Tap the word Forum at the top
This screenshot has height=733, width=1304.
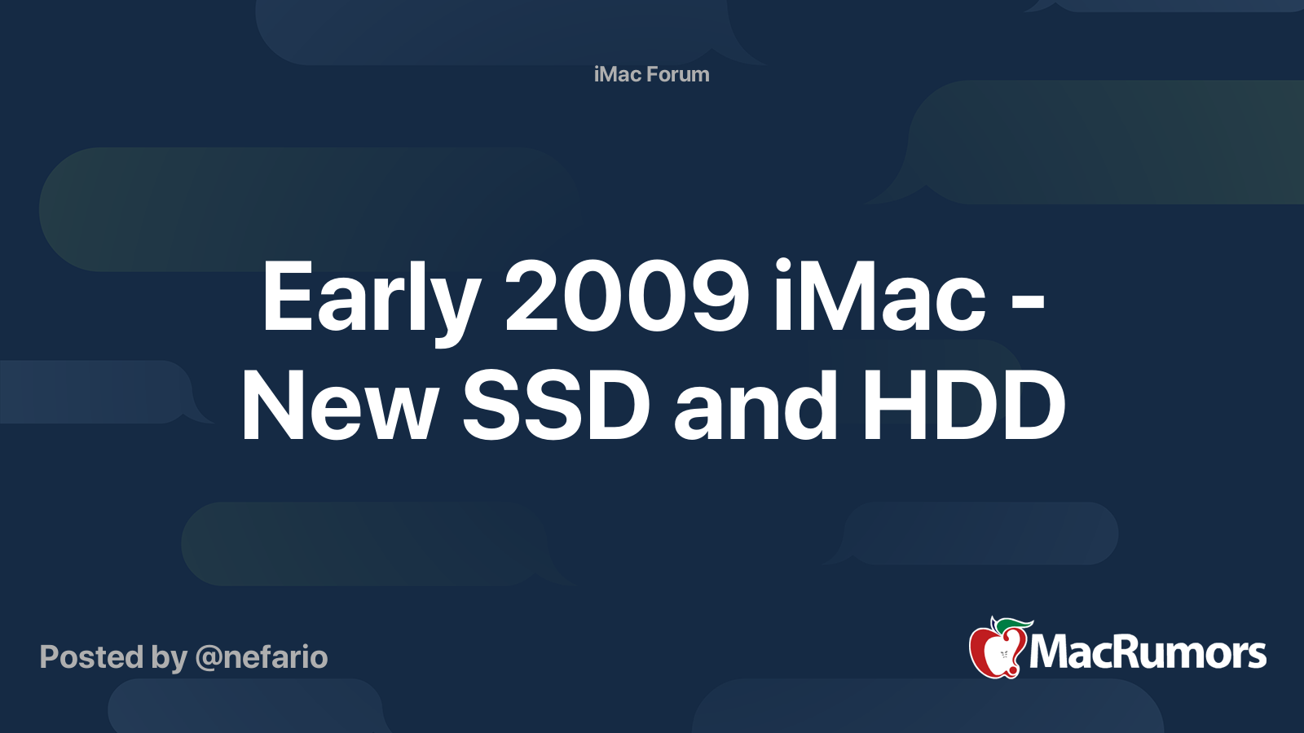[678, 74]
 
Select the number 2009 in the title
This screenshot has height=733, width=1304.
[627, 296]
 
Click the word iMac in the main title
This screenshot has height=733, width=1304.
[880, 296]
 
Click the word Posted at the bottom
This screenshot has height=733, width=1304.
[91, 656]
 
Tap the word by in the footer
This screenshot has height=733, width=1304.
[170, 659]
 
